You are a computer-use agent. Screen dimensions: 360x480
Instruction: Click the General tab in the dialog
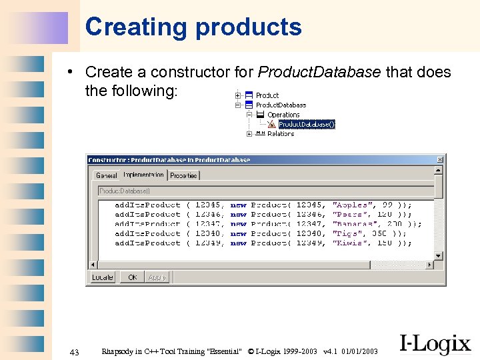tap(106, 175)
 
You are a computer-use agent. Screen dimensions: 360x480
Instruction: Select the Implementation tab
tap(143, 175)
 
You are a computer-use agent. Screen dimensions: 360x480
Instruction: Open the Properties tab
tap(183, 175)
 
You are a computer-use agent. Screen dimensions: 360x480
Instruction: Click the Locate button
tap(103, 277)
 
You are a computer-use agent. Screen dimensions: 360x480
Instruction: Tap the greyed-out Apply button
tap(157, 277)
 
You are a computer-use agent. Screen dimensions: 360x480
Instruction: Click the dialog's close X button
tap(439, 160)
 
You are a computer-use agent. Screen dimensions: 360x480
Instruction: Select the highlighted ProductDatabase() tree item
tap(307, 124)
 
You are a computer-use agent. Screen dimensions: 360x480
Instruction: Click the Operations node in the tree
tap(283, 115)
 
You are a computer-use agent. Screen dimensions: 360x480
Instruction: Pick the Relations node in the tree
tap(280, 133)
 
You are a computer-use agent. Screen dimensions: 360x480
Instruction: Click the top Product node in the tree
tap(267, 95)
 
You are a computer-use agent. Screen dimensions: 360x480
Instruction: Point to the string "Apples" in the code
tap(350, 205)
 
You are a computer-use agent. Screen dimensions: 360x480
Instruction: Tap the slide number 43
tap(74, 351)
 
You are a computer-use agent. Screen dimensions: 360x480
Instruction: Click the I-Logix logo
tap(435, 343)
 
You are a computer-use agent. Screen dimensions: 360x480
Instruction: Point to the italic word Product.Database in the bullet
tap(320, 72)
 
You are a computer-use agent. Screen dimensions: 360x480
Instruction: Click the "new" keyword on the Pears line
tap(238, 215)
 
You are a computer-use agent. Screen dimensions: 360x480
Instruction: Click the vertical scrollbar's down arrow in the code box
tap(438, 255)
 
